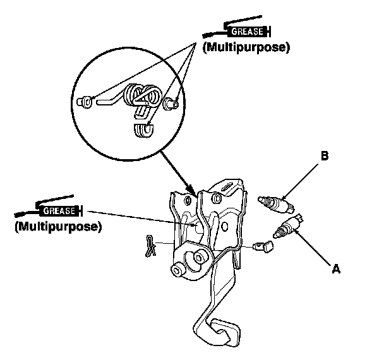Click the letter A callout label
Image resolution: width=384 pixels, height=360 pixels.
pyautogui.click(x=337, y=269)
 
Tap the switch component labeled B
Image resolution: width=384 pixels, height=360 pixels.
pyautogui.click(x=277, y=202)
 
